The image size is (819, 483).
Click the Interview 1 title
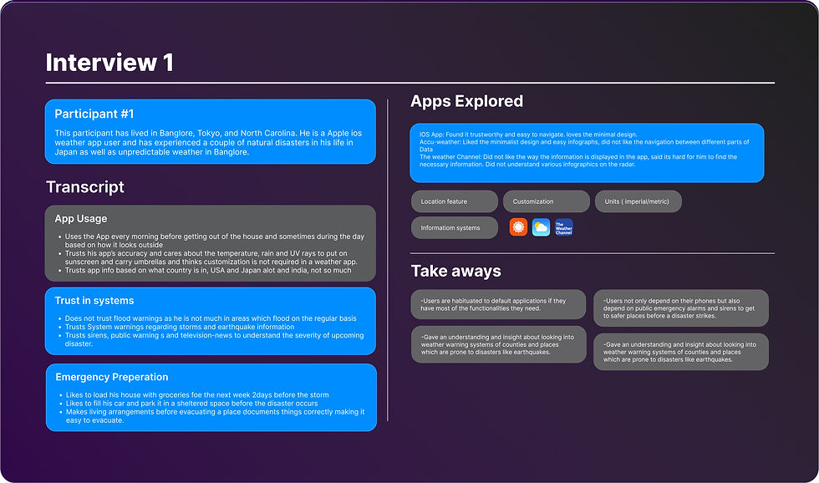[x=109, y=63]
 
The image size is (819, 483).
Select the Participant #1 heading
[x=94, y=114]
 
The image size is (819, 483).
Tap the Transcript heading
[x=85, y=187]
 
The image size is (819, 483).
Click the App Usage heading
[x=80, y=219]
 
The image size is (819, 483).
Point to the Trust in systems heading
[x=94, y=301]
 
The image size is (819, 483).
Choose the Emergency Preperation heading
[x=112, y=377]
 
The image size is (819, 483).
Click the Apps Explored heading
[x=466, y=101]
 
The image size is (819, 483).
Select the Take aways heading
[x=456, y=271]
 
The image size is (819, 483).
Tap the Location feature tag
[x=455, y=201]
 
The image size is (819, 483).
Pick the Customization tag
[x=547, y=201]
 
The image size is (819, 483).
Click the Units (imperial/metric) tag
[x=638, y=201]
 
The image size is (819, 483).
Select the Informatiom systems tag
[x=455, y=227]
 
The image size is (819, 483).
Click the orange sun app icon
[x=518, y=227]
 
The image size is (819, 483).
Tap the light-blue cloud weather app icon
[x=542, y=227]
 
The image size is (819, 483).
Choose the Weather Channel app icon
[x=564, y=227]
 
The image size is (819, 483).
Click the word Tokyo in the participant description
[x=208, y=133]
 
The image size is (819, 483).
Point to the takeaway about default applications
[x=498, y=304]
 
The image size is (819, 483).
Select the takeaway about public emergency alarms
[x=681, y=308]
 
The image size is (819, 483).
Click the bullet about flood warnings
[x=211, y=318]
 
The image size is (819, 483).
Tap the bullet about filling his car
[x=191, y=404]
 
